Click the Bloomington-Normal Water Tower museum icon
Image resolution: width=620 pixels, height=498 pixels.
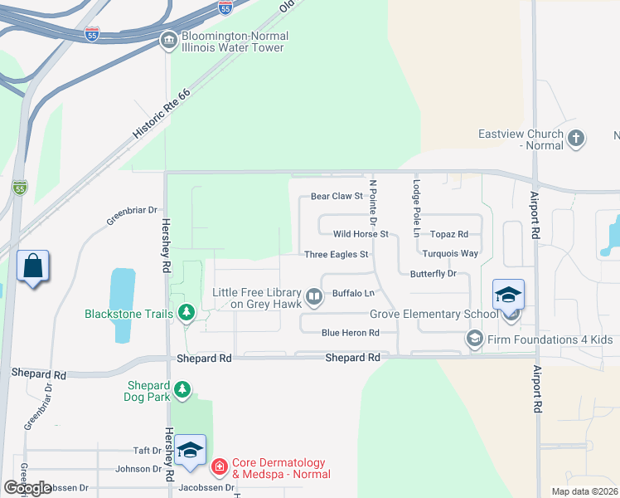coord(168,40)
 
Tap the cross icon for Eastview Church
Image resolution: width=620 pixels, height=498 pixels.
coord(576,139)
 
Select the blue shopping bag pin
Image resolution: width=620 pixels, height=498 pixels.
coord(33,267)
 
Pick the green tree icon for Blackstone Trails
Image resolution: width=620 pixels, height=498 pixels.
coord(186,313)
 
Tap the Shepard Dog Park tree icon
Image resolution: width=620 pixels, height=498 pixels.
coord(182,388)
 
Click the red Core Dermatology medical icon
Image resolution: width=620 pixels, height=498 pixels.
coord(219,467)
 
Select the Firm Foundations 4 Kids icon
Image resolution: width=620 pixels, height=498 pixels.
coord(474,338)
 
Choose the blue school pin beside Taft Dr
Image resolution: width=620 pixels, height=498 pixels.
coord(190,451)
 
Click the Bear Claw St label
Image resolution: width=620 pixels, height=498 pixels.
coord(337,197)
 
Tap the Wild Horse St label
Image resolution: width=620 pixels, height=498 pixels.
coord(361,234)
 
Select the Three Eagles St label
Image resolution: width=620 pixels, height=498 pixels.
coord(336,255)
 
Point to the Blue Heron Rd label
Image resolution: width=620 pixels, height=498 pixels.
coord(350,333)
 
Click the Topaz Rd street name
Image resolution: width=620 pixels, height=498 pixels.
coord(448,234)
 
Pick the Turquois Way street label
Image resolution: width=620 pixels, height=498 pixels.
coord(450,253)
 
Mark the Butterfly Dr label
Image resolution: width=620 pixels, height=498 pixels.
coord(434,273)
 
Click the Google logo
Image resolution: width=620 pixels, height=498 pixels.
coord(27,488)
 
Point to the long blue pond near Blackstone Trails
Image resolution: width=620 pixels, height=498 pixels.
coord(122,305)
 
